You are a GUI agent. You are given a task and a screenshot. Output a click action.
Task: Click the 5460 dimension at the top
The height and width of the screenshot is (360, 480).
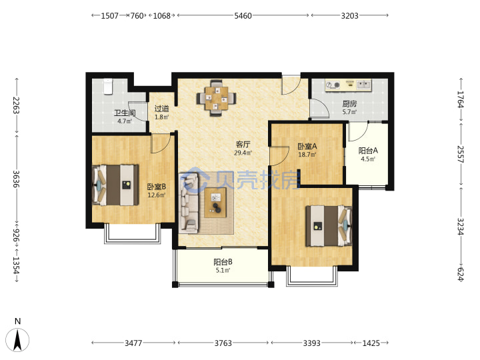click(243, 15)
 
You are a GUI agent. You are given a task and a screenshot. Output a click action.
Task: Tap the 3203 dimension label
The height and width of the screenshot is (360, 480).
click(349, 15)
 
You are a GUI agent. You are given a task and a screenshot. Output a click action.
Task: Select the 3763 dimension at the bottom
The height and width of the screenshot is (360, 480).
click(223, 343)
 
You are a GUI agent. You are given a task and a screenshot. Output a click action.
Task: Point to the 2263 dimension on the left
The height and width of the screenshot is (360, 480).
click(16, 105)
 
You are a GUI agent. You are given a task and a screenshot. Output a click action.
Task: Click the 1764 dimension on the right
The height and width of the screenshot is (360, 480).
click(461, 99)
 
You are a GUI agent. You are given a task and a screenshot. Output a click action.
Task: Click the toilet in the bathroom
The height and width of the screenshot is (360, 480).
click(108, 86)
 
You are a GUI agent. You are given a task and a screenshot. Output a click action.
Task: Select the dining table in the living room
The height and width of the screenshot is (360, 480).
click(217, 98)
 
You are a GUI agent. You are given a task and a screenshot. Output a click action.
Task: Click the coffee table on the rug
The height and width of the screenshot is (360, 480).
click(215, 203)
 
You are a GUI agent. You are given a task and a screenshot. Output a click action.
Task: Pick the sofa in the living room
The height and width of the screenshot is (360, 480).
click(189, 203)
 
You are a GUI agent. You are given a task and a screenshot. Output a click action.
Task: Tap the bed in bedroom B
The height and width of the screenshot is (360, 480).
click(115, 185)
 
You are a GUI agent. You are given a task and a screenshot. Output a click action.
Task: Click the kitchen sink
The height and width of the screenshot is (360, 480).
click(363, 85)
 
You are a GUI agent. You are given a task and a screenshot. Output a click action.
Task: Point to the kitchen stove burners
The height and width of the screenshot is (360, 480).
click(333, 85)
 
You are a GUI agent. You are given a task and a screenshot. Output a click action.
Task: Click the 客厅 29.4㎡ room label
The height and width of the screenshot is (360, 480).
click(243, 149)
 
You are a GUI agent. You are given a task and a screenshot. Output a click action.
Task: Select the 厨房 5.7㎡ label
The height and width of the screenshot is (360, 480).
click(349, 107)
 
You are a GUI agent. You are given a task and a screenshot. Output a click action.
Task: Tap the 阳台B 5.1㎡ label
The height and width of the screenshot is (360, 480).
click(223, 266)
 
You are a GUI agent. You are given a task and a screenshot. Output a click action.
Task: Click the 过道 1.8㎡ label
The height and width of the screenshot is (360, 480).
click(161, 113)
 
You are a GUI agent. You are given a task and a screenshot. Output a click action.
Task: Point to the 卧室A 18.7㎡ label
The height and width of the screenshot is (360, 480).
click(307, 150)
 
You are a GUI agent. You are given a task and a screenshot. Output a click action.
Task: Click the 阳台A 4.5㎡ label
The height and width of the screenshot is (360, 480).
click(368, 155)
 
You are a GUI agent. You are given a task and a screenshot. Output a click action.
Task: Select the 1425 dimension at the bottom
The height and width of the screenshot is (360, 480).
click(371, 343)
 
